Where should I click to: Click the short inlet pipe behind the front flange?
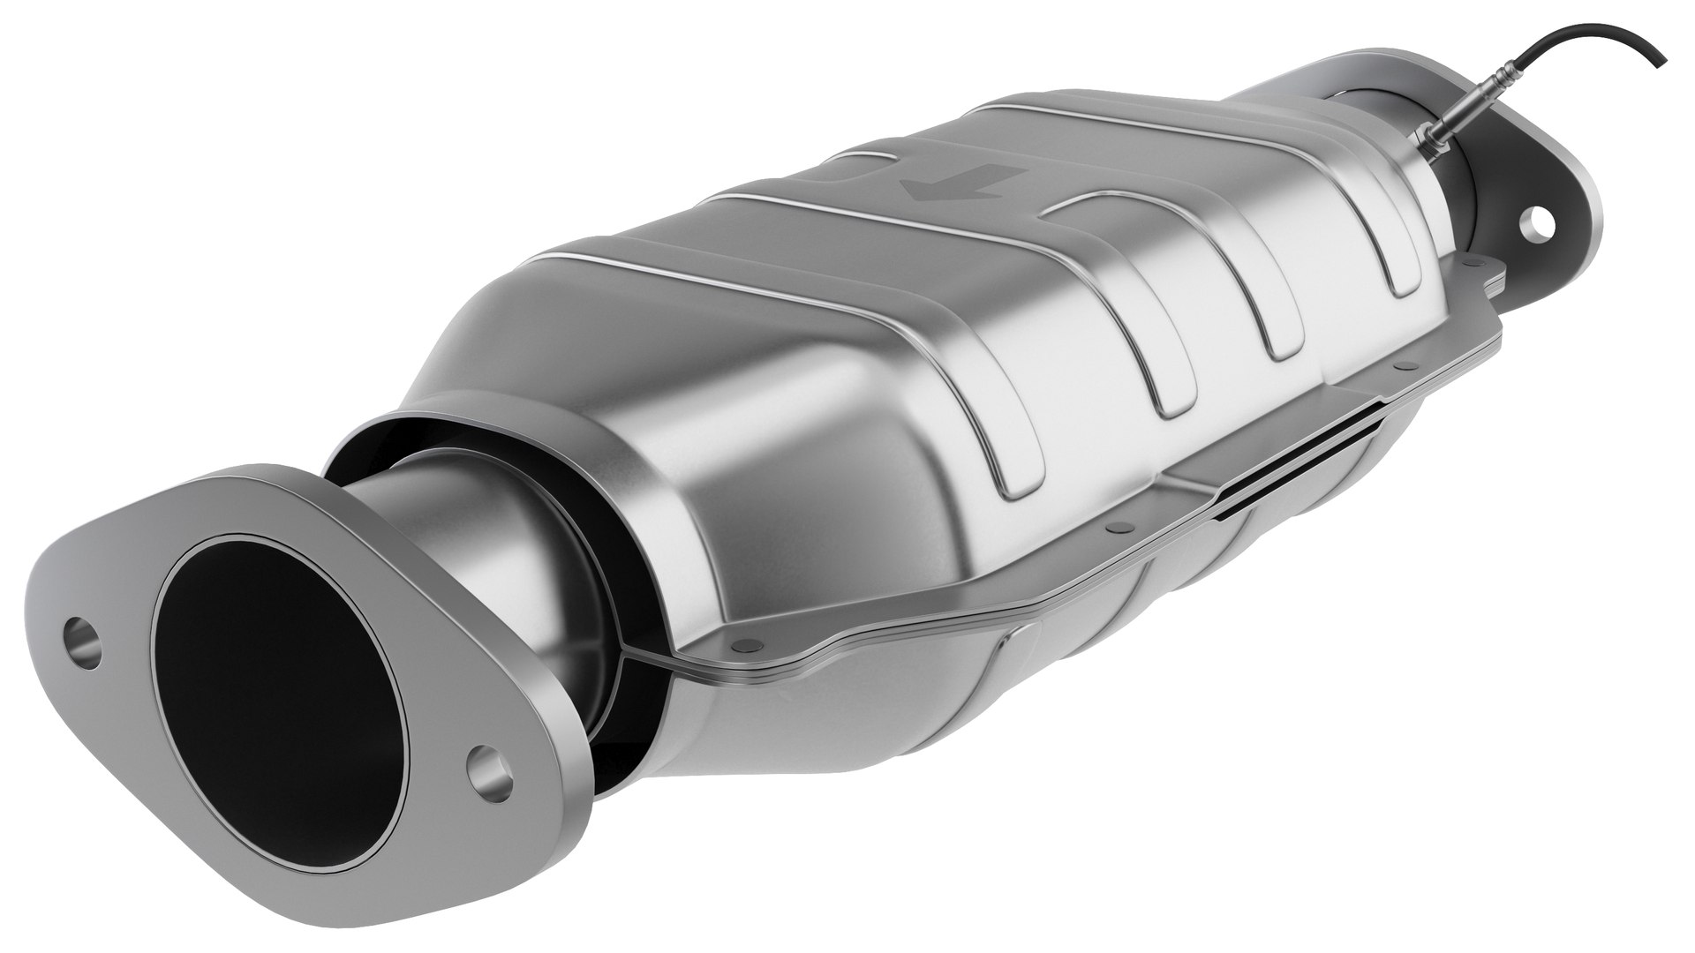(x=459, y=521)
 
